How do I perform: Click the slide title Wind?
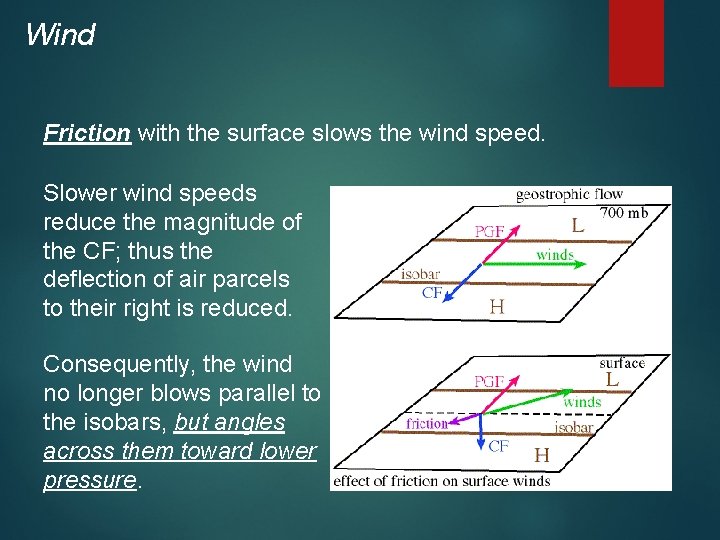point(60,35)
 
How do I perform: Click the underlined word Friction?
point(87,133)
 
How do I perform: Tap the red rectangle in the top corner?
point(636,42)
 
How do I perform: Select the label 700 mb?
point(624,212)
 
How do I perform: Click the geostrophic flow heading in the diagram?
point(569,194)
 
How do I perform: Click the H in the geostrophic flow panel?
point(496,307)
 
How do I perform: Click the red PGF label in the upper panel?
point(489,232)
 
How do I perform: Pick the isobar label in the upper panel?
point(420,274)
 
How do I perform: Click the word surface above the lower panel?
point(622,363)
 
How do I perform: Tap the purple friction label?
point(427,424)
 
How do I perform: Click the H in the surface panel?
point(541,455)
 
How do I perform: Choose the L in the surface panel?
point(612,380)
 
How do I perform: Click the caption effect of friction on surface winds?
point(441,481)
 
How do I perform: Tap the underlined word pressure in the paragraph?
point(89,480)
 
